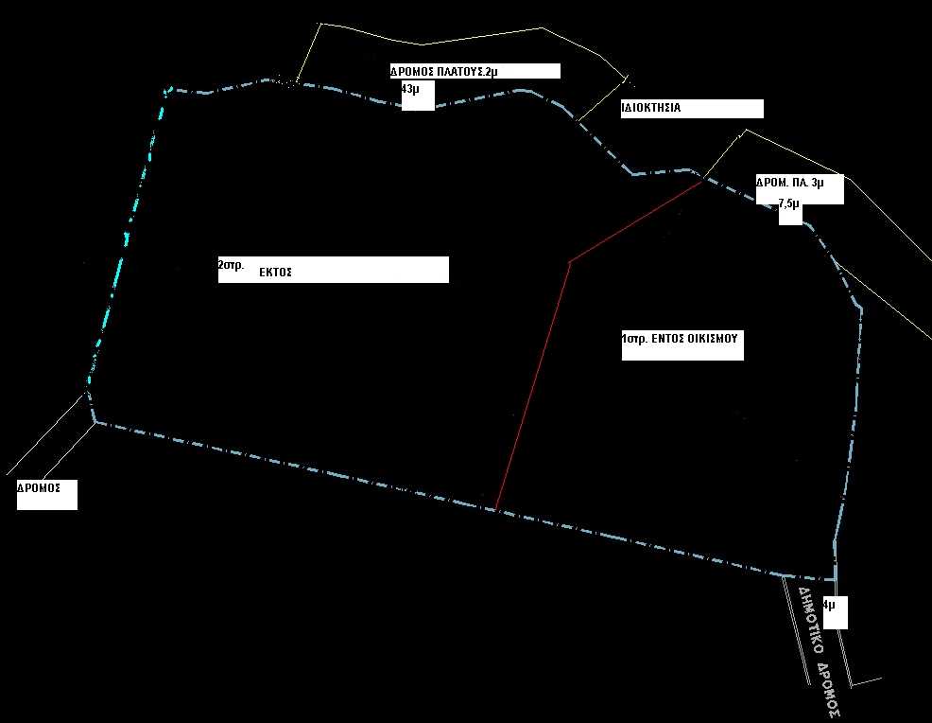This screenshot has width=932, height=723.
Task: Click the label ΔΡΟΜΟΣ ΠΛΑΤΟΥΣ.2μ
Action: [x=443, y=72]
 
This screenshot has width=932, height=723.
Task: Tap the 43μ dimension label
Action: [x=410, y=89]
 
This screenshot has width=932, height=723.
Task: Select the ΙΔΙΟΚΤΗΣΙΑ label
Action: [x=651, y=108]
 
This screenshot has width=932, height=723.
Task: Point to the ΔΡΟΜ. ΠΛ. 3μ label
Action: [x=790, y=182]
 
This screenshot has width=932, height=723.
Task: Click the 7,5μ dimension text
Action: [x=788, y=204]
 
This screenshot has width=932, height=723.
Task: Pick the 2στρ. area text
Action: [x=232, y=265]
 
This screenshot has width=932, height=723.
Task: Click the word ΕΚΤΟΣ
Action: [x=275, y=273]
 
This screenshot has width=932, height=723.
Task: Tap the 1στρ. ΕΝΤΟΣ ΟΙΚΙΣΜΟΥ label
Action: [x=680, y=339]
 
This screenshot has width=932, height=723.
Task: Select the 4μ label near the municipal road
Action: [x=829, y=605]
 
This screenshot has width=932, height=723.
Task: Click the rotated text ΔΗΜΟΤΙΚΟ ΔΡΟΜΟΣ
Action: [x=820, y=652]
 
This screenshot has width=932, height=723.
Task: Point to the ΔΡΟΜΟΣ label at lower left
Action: [x=39, y=488]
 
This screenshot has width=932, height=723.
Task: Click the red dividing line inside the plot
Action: [x=569, y=262]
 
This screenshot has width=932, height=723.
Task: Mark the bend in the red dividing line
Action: [x=569, y=262]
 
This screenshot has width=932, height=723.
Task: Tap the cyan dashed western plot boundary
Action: [x=126, y=238]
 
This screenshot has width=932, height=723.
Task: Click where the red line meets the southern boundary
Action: [x=495, y=510]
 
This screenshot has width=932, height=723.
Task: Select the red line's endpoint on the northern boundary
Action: [x=702, y=182]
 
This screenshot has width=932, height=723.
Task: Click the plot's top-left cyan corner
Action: [x=166, y=91]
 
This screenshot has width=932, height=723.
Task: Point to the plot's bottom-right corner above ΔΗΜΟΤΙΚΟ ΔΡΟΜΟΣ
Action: [x=836, y=579]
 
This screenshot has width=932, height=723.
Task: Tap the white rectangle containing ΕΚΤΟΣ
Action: [x=334, y=270]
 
